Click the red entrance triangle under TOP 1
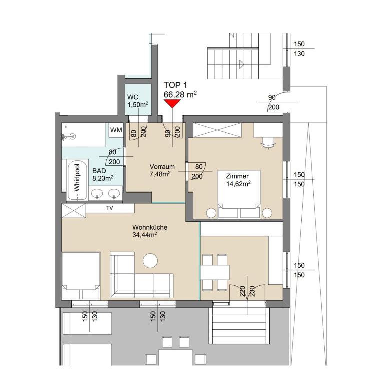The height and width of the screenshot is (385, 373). click(173, 103)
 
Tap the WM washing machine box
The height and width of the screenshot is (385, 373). click(116, 130)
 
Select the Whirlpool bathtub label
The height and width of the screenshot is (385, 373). click(77, 177)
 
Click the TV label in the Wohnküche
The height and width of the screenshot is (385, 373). click(109, 208)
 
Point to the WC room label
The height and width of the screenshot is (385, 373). click(132, 97)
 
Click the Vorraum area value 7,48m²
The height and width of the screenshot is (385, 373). click(160, 174)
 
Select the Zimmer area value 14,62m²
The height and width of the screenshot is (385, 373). click(239, 183)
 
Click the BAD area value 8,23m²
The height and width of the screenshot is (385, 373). click(103, 177)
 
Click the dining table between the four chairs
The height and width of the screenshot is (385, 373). click(215, 272)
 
